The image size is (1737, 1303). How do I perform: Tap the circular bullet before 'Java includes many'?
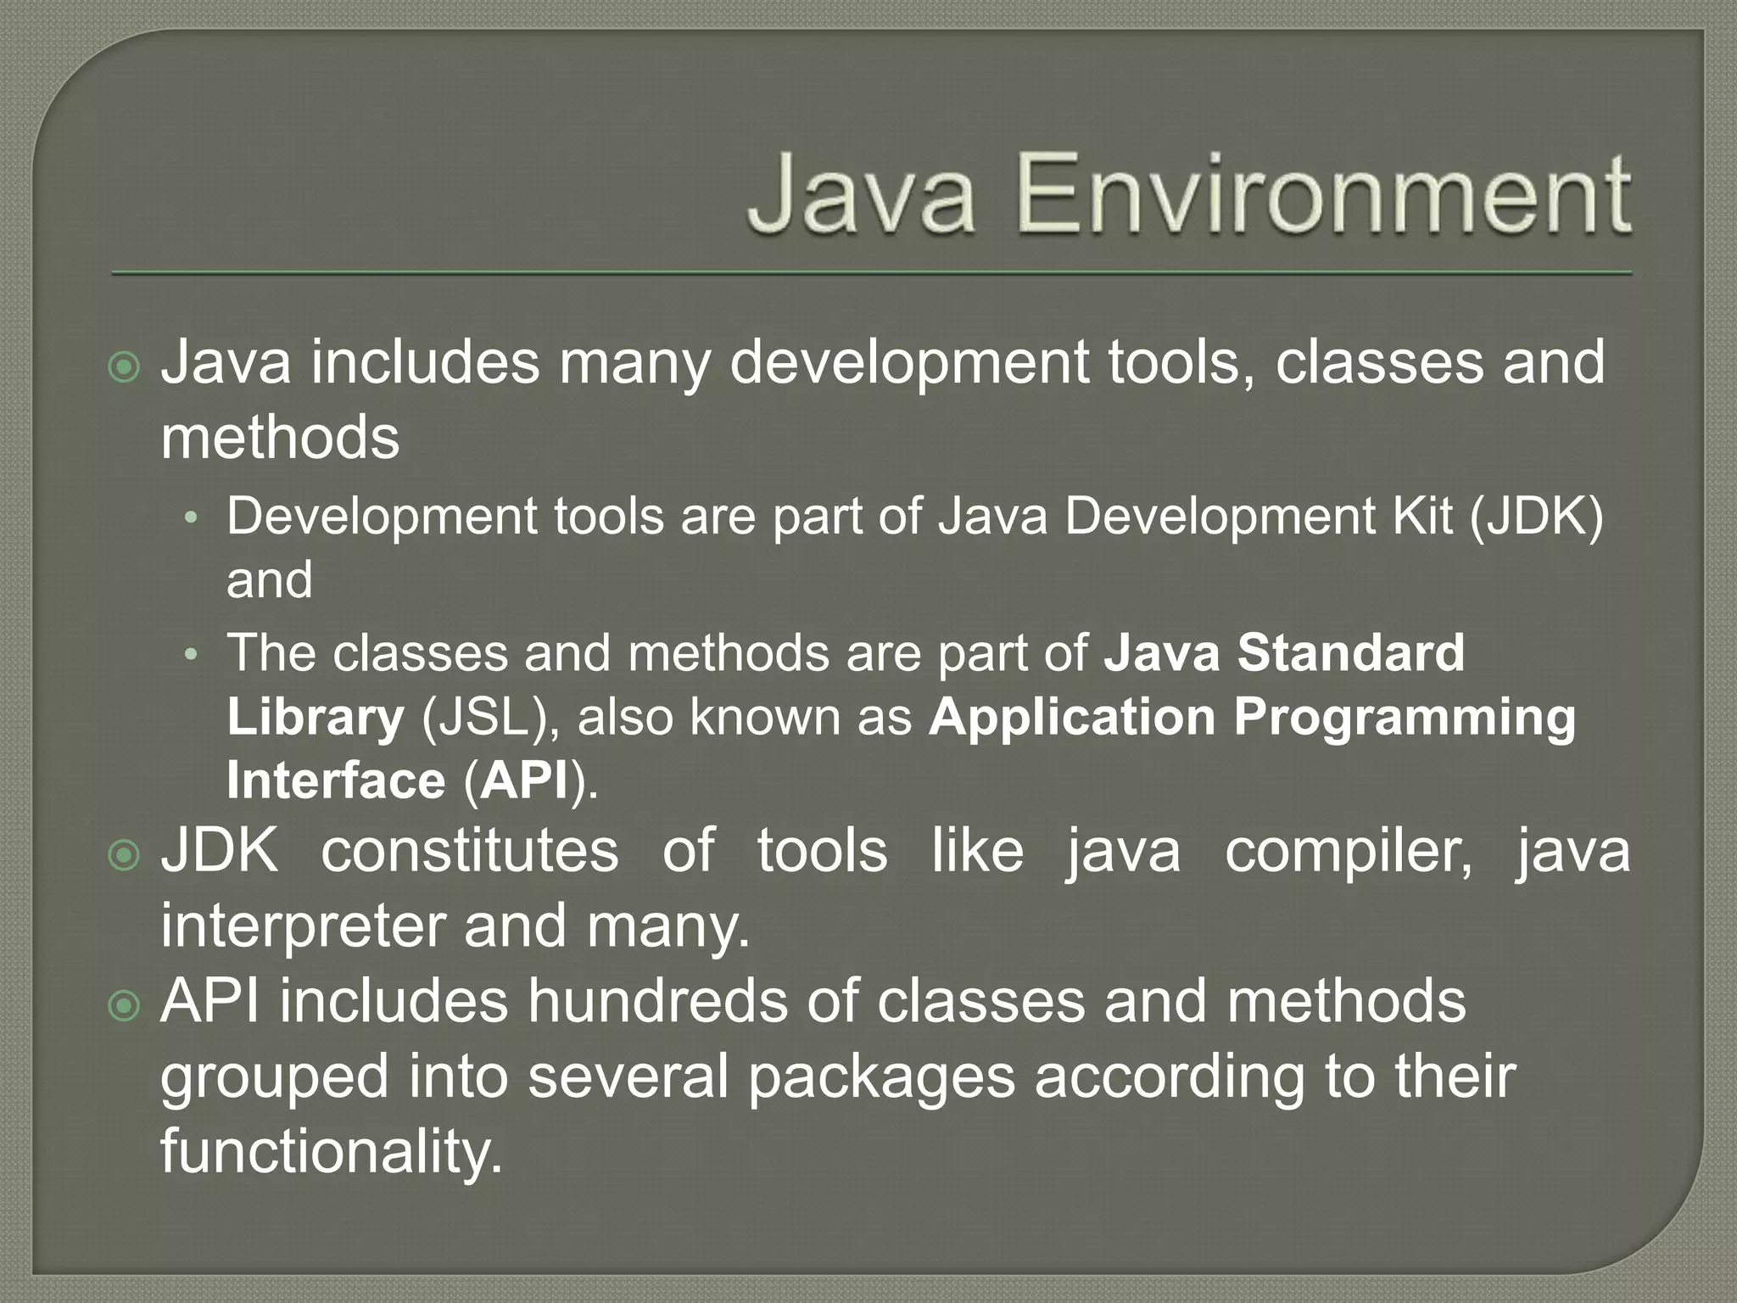click(125, 367)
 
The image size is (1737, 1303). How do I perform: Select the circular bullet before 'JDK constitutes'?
click(125, 856)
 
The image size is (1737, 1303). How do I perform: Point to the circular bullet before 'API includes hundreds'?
click(125, 1007)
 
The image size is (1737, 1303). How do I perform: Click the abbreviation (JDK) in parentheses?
click(1536, 516)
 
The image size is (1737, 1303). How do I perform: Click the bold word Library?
click(316, 718)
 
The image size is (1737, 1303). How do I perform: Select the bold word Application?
click(1072, 717)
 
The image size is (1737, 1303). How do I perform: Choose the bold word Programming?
click(1405, 718)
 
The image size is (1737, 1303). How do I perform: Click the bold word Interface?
click(336, 780)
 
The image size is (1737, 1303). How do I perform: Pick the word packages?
click(881, 1077)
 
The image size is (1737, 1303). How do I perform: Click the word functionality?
click(332, 1151)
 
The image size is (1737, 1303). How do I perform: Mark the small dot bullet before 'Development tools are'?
click(192, 517)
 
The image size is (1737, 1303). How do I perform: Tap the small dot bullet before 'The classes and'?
click(192, 654)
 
